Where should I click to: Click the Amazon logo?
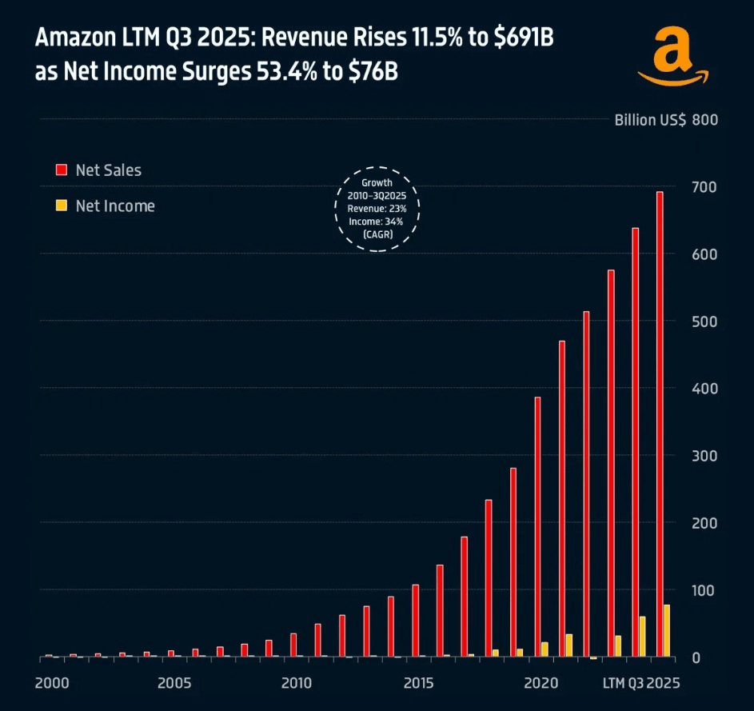(673, 57)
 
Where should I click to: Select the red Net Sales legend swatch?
(60, 170)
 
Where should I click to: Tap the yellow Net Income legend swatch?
(60, 206)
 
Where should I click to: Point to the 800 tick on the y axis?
(704, 120)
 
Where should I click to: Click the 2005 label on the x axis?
(174, 684)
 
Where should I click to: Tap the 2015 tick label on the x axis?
(418, 684)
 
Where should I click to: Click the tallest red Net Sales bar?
(660, 424)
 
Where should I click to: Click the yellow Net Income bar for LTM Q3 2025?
(667, 631)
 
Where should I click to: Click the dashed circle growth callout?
(377, 209)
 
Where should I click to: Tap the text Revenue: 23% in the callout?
(377, 210)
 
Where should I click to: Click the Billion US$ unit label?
(649, 120)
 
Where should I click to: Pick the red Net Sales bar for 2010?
(293, 645)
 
